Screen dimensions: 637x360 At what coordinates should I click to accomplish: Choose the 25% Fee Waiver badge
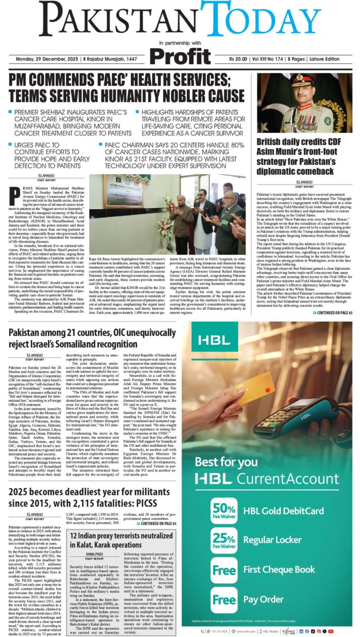224,540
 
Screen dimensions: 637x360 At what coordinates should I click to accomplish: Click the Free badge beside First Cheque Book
224,570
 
